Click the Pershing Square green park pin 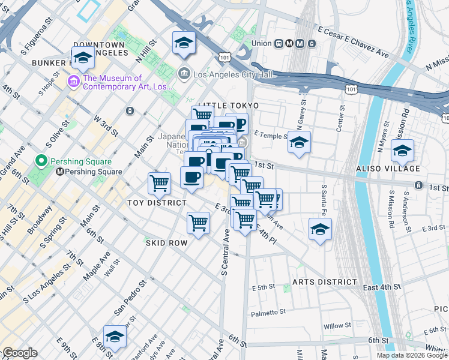click(41, 161)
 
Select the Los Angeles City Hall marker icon click(184, 74)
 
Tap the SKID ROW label click(166, 243)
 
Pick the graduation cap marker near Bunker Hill click(83, 58)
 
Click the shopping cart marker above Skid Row click(198, 223)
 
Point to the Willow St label click(337, 326)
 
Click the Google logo click(20, 353)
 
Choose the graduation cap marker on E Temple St click(299, 142)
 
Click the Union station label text click(262, 43)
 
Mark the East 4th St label click(382, 288)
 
